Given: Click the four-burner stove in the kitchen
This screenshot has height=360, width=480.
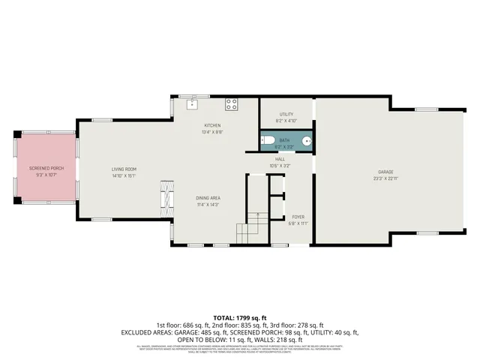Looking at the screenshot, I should (x=232, y=103).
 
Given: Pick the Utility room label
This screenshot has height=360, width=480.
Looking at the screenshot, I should (x=286, y=114).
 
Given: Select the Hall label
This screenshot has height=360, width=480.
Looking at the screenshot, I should (x=280, y=159).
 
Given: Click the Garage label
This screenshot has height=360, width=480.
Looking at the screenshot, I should (x=385, y=172).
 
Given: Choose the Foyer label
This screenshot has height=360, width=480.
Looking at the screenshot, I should (x=298, y=217).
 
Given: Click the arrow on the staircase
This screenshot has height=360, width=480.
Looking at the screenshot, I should (x=257, y=217).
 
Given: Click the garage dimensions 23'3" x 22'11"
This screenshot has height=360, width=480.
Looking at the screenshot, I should (x=385, y=178).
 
